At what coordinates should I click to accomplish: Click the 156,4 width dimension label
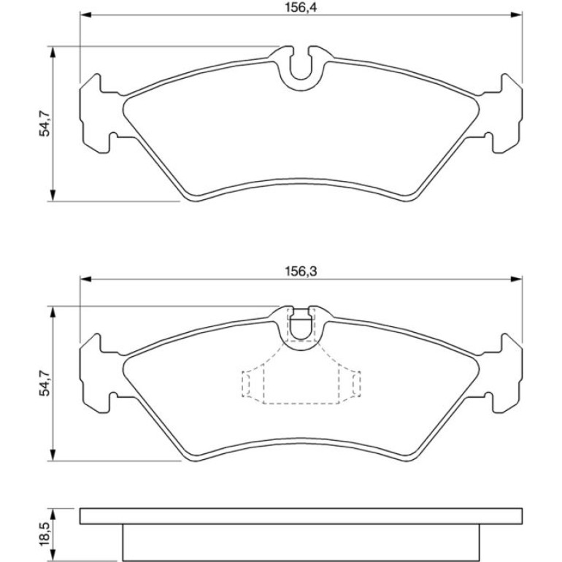(x=301, y=7)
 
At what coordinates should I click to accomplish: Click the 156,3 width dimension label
(x=301, y=272)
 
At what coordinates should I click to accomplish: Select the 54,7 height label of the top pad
(x=45, y=123)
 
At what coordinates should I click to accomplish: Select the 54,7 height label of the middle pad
(x=45, y=383)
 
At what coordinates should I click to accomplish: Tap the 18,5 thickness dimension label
(x=45, y=534)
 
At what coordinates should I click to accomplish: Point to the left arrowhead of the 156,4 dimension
(x=85, y=15)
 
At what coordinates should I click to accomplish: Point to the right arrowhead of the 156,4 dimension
(x=516, y=15)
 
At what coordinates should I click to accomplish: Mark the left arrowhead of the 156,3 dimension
(x=85, y=279)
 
